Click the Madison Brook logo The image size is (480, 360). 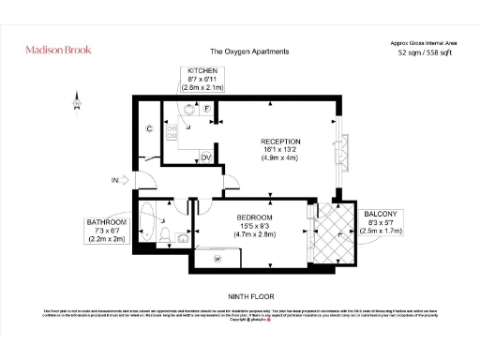[59, 50]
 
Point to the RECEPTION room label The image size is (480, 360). [280, 142]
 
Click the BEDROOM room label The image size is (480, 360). [254, 217]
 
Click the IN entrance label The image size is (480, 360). [115, 181]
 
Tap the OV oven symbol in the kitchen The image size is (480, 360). [206, 157]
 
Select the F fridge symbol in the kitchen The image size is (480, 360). [207, 109]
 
